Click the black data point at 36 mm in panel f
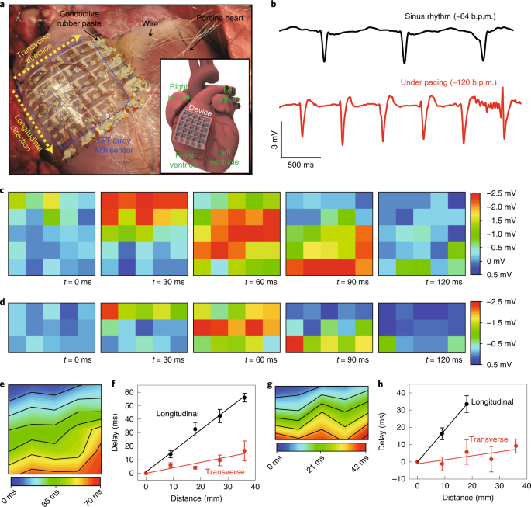point(245,398)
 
